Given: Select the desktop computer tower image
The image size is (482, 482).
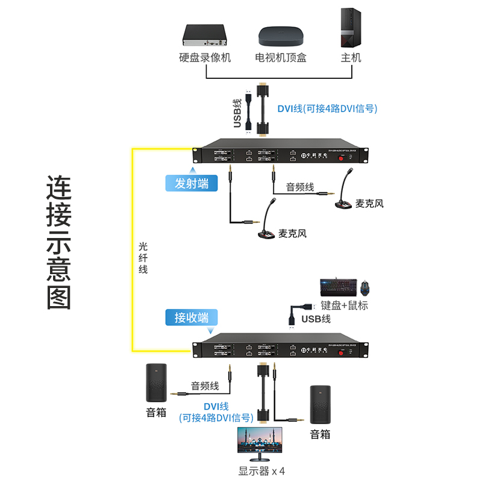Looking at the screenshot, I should pos(351,28).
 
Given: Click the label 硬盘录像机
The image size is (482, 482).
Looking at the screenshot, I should pos(205,58).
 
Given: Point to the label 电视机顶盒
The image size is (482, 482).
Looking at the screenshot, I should pos(281,58).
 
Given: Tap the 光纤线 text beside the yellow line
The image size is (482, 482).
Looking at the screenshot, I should pos(143,258).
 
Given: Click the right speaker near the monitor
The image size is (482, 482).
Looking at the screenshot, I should pos(320,405).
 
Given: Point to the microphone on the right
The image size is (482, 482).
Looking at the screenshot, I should pos(346,193).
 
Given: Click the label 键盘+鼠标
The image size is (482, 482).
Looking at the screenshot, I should pos(344,305).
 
